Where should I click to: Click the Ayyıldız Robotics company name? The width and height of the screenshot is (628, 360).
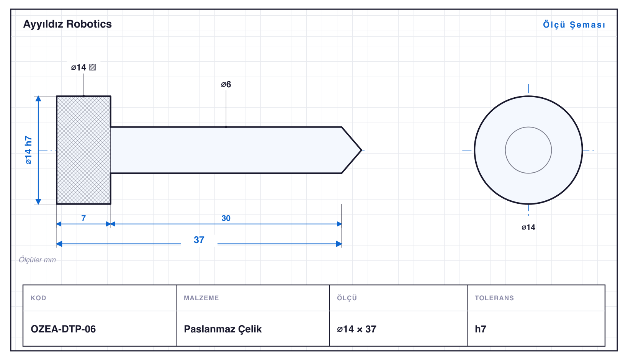(67, 25)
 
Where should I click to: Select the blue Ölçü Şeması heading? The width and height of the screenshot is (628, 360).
(574, 25)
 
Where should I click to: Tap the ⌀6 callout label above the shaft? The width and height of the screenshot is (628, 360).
(226, 84)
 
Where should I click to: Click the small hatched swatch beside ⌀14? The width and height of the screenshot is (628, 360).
(93, 67)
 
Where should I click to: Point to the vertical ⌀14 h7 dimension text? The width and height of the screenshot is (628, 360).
(28, 150)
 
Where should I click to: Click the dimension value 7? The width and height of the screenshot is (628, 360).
(83, 218)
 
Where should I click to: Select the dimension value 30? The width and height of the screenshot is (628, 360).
(226, 218)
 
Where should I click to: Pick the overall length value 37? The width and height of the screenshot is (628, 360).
(199, 240)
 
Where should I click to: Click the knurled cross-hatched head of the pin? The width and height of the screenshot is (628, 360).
(83, 150)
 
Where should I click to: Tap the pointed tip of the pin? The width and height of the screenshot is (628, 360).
(361, 150)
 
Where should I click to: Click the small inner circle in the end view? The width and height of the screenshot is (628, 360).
(528, 127)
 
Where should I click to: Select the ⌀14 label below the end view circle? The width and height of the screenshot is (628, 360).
(528, 227)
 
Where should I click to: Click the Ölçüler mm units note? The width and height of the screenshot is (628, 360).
(37, 260)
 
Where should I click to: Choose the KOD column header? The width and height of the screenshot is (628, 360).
(38, 298)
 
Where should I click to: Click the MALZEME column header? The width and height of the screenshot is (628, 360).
(201, 298)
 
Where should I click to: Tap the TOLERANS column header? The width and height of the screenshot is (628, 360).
(494, 298)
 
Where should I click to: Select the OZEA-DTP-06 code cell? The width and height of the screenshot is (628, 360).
(63, 329)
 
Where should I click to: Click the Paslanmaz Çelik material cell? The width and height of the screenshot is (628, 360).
(222, 329)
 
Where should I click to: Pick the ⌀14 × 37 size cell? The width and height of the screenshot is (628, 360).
(357, 329)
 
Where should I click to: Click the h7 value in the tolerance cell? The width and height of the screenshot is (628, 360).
(481, 329)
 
